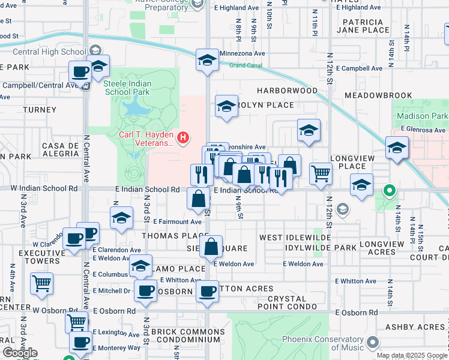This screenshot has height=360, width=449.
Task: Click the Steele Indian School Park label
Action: (127, 88)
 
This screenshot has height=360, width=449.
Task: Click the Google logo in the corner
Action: (20, 353)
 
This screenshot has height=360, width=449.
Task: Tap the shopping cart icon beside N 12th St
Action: (321, 174)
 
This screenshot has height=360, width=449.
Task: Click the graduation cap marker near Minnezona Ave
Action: (207, 61)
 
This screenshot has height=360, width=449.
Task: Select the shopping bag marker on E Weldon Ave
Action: (211, 247)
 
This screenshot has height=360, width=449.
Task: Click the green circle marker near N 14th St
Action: (389, 192)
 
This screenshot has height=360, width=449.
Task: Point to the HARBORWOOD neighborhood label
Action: (288, 91)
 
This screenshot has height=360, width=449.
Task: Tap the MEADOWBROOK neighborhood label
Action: (378, 95)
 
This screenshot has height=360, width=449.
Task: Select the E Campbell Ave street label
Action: (359, 68)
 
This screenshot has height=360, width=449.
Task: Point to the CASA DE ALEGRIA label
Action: (61, 149)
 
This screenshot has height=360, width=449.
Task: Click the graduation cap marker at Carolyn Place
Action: (226, 107)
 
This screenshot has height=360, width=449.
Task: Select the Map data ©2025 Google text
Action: (412, 355)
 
